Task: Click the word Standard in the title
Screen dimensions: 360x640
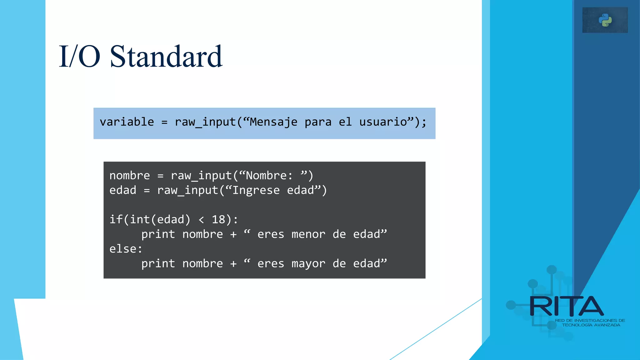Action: [166, 57]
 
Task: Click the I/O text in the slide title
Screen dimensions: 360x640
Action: [79, 57]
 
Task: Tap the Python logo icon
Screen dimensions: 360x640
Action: [605, 20]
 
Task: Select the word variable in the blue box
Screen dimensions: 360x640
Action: [127, 122]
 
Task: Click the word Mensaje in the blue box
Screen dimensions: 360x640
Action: [273, 122]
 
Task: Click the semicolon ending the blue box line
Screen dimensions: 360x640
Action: [424, 122]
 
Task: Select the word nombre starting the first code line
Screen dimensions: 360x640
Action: [130, 176]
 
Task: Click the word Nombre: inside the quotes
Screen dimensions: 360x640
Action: [269, 176]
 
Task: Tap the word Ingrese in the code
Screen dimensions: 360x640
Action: [256, 190]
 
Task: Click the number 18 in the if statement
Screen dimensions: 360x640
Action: [218, 220]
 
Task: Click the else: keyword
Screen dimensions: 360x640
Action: [126, 249]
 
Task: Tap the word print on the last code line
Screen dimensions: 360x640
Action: [158, 264]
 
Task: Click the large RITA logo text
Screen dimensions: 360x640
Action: [566, 307]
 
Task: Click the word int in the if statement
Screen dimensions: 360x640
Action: [140, 220]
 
